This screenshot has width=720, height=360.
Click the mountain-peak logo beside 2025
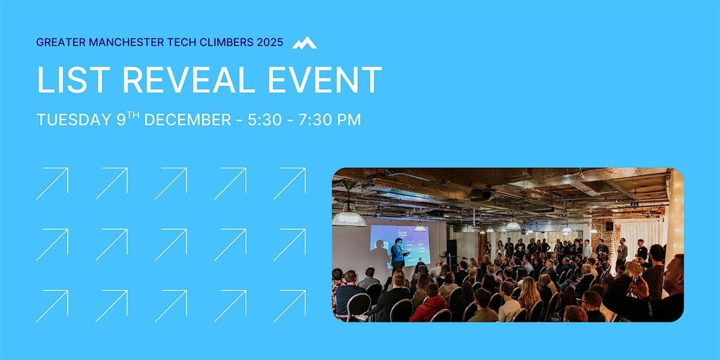(x=304, y=43)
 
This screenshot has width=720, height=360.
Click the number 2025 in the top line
(x=269, y=43)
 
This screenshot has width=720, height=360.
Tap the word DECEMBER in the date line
(x=187, y=120)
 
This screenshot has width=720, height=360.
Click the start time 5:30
(x=262, y=120)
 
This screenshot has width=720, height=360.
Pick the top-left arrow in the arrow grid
(x=52, y=183)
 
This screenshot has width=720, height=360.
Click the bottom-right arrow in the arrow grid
(x=290, y=305)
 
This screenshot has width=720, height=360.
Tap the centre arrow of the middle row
(x=171, y=244)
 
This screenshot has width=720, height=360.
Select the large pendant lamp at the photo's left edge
(x=349, y=217)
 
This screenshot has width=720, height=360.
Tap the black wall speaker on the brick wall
(x=609, y=226)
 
